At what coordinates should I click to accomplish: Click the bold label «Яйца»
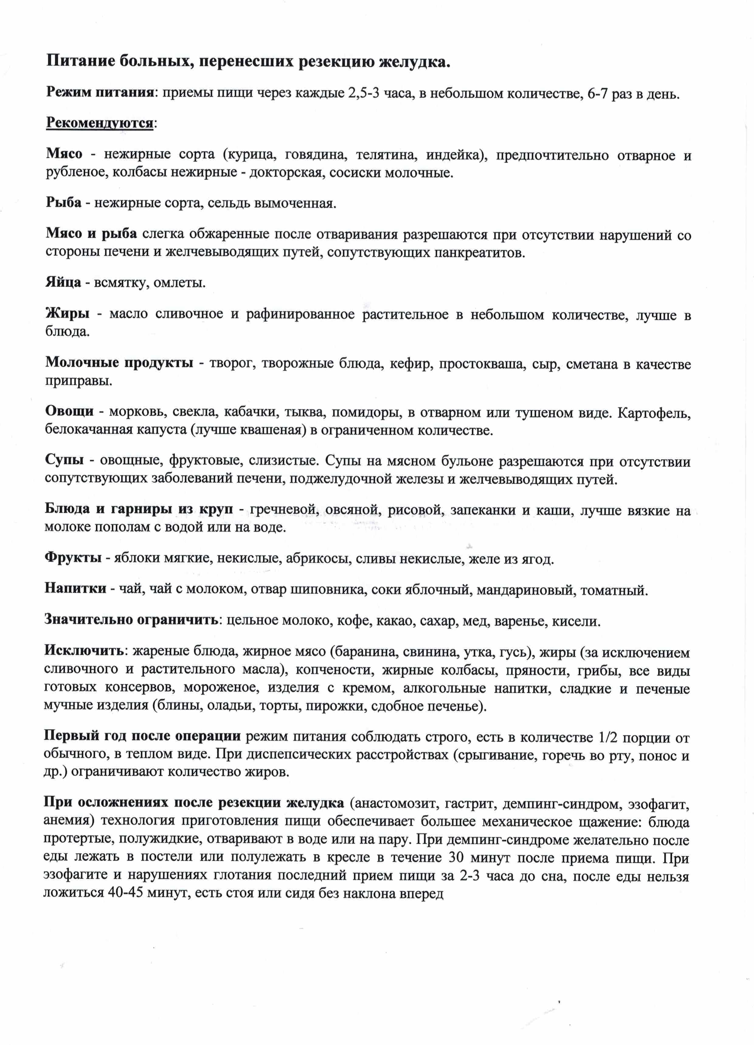(x=63, y=282)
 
